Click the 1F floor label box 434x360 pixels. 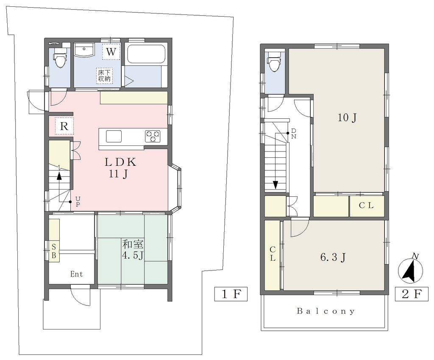(231, 294)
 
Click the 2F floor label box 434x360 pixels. (411, 294)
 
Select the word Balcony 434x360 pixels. (326, 311)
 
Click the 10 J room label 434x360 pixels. (347, 118)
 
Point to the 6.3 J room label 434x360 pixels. (333, 257)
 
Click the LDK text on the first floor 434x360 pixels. (120, 162)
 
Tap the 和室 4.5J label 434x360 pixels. (133, 250)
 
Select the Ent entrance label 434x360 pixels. (76, 274)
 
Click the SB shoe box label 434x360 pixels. (54, 251)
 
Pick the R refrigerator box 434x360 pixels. (64, 126)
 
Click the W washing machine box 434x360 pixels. (111, 51)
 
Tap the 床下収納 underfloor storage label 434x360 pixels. (104, 75)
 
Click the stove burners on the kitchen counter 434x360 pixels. (153, 137)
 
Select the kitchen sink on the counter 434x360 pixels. (114, 136)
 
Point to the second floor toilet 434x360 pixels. (275, 61)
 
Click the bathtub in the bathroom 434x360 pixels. (146, 55)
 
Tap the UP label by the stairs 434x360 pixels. (78, 201)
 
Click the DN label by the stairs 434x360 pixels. (294, 134)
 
